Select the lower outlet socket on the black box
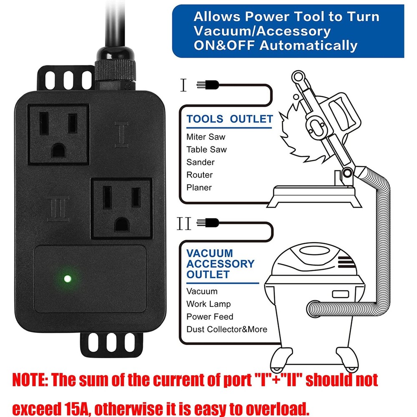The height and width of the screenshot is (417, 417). [x=121, y=208]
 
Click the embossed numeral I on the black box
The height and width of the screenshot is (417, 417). [x=121, y=134]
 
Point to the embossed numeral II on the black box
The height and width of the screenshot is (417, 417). [x=58, y=209]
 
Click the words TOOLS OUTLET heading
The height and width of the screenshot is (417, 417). [x=229, y=119]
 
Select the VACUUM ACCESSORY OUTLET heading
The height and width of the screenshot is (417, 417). [x=220, y=264]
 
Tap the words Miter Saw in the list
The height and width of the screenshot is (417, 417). [x=206, y=137]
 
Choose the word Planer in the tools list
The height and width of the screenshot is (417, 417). [x=199, y=188]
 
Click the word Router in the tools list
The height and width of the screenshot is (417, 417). [x=199, y=175]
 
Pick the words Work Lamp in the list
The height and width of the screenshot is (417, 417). [x=208, y=304]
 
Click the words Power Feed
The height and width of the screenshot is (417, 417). [x=210, y=317]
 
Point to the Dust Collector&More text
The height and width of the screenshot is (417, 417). [x=226, y=329]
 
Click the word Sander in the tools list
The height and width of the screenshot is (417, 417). [x=200, y=162]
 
